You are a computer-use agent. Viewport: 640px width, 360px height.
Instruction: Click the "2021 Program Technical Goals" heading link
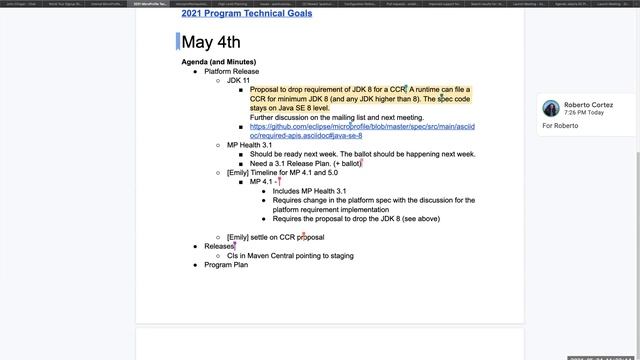click(246, 14)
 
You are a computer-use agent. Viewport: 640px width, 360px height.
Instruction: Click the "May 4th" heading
click(211, 42)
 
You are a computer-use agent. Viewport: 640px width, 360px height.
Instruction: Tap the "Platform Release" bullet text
click(231, 71)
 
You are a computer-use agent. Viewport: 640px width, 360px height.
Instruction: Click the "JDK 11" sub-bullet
click(238, 80)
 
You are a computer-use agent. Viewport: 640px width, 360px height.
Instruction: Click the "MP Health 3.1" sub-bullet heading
click(249, 145)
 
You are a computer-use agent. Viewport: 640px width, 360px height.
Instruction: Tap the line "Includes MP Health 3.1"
click(309, 191)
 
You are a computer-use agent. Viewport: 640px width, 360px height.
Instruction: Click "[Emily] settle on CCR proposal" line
click(275, 237)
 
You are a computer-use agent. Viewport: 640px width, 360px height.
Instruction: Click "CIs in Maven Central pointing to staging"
click(290, 256)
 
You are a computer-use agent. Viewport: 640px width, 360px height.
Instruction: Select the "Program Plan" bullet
click(226, 265)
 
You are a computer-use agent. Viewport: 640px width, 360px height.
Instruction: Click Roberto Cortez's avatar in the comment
click(550, 108)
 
